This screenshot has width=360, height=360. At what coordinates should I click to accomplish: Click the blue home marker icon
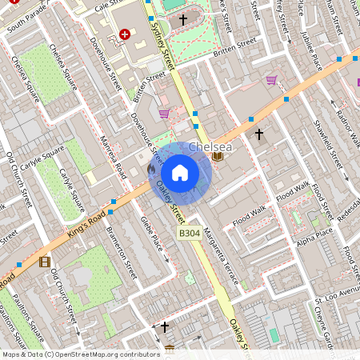(180, 172)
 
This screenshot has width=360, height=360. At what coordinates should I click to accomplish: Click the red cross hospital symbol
(124, 34)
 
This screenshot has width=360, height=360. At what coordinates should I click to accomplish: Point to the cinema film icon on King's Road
(44, 262)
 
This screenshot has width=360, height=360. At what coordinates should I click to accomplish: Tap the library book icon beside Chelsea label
(218, 156)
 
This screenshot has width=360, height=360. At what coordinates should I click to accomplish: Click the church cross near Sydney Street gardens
(182, 18)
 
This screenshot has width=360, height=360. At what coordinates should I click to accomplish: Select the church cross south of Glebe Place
(165, 326)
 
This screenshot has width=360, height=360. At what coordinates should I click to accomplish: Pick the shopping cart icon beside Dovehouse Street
(165, 113)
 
